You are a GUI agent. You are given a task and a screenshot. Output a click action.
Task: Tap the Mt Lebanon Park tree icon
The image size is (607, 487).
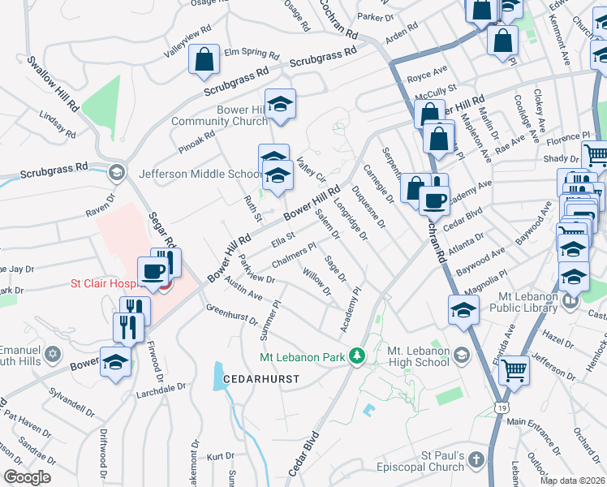tap(355, 356)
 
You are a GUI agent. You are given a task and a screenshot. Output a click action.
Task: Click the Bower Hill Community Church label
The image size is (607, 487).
tap(219, 116)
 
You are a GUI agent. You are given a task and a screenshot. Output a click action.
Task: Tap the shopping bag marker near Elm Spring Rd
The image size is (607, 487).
tap(204, 59)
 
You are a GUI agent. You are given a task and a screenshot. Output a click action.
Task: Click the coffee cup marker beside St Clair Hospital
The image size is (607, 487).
tap(153, 272)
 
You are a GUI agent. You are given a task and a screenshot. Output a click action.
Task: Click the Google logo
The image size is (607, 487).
tap(26, 477)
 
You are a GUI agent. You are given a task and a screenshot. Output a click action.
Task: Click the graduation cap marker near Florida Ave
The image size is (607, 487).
tap(463, 310)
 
